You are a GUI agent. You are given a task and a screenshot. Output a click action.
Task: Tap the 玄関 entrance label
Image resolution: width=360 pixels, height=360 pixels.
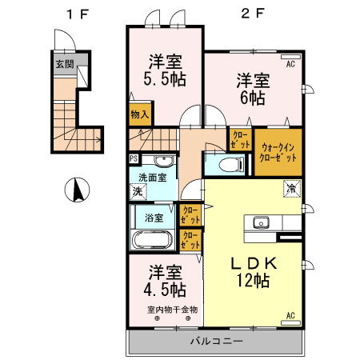pyautogui.click(x=64, y=63)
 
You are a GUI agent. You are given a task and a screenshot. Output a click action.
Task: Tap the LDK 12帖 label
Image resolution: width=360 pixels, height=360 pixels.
pyautogui.click(x=254, y=271)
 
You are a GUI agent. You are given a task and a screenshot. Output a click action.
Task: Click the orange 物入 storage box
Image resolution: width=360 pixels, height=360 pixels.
pyautogui.click(x=140, y=114)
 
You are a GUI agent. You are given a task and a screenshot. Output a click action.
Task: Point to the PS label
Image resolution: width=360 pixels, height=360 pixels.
pyautogui.click(x=133, y=158)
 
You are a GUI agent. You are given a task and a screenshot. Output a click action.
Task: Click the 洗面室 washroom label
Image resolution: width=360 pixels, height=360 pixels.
pyautogui.click(x=152, y=178)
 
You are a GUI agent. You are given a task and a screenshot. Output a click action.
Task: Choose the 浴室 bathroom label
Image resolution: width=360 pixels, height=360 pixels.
pyautogui.click(x=154, y=217)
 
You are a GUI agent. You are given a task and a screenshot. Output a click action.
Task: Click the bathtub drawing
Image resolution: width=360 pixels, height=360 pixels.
pyautogui.click(x=151, y=239)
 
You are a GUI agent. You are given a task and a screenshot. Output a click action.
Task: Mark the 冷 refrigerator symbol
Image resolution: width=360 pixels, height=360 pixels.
pyautogui.click(x=291, y=189)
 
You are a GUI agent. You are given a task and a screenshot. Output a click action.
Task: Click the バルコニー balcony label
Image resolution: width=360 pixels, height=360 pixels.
pyautogui.click(x=215, y=342)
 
